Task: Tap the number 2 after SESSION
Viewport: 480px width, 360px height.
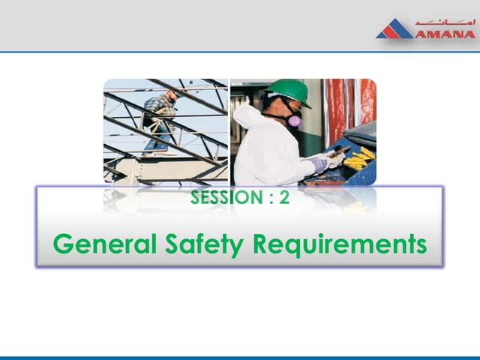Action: pos(283,199)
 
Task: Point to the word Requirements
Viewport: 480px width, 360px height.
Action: pos(340,245)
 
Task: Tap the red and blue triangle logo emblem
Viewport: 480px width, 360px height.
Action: pos(394,30)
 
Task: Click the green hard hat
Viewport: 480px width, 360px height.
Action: pos(289,91)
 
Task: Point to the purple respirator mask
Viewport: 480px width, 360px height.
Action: pos(294,119)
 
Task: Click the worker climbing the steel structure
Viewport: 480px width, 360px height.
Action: pos(160,120)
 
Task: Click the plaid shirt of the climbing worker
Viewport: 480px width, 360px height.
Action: pos(159,107)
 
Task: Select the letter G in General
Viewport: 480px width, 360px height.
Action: pos(64,244)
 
